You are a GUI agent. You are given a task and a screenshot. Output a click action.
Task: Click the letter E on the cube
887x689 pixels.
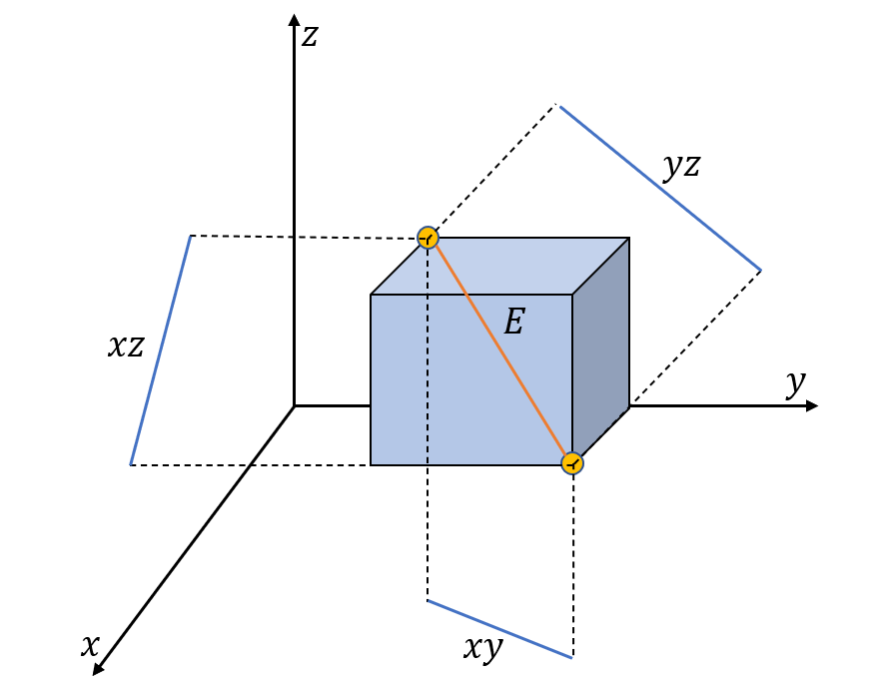tap(513, 322)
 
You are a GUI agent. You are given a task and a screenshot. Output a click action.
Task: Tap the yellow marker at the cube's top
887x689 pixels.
tap(428, 238)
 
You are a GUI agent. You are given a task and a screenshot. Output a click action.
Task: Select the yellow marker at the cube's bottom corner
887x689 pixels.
tap(572, 463)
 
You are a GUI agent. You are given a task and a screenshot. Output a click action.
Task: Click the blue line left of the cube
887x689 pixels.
tap(160, 351)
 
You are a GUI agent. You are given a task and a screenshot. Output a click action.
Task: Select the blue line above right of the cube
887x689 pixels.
tap(660, 188)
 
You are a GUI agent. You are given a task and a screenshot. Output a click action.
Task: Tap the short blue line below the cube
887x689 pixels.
tap(500, 630)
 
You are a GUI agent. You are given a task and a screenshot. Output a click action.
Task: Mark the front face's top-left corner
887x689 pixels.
tap(372, 295)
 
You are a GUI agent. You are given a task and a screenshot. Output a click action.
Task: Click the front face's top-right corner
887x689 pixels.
tap(572, 295)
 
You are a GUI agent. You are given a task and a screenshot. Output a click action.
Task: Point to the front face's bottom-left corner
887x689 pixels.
tap(372, 464)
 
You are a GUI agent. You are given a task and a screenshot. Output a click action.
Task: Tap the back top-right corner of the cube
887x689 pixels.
tap(628, 239)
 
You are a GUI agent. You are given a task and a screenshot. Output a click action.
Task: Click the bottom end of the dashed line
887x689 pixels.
tap(428, 463)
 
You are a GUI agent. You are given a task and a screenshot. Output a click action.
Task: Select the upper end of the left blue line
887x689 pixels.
tap(190, 238)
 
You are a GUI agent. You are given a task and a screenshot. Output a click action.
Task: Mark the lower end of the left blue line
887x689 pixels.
tap(131, 463)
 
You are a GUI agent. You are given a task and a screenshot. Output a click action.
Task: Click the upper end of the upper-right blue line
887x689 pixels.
tap(561, 107)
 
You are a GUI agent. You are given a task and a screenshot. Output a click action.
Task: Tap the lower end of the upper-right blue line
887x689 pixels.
tap(760, 270)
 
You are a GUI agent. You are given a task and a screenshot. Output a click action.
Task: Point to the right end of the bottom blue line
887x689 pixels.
tap(571, 658)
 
